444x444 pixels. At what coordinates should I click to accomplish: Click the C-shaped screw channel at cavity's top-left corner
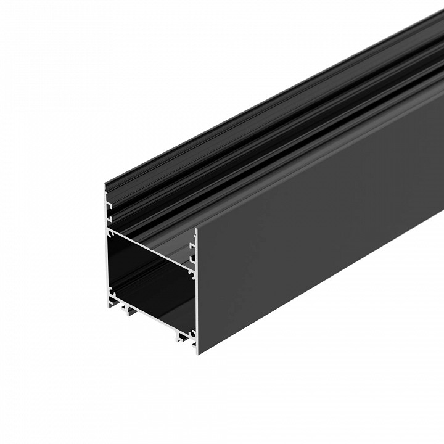click(x=109, y=235)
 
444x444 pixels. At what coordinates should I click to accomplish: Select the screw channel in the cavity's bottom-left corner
click(x=111, y=290)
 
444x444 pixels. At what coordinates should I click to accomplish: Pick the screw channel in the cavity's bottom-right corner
click(x=192, y=334)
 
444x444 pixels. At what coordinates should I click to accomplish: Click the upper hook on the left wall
click(x=109, y=201)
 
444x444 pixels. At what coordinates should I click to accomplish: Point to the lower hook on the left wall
click(x=109, y=216)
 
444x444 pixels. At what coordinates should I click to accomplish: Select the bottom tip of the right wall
click(x=197, y=353)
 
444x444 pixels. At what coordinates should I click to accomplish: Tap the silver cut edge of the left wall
click(x=105, y=259)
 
